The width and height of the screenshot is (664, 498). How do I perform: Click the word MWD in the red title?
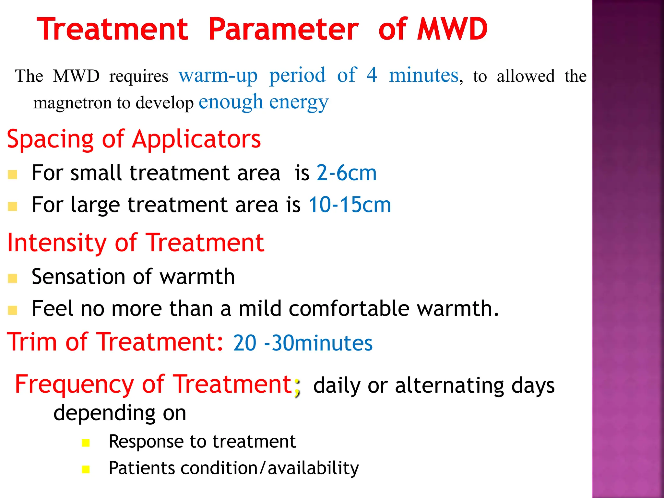(452, 29)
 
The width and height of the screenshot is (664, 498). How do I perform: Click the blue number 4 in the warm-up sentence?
(372, 75)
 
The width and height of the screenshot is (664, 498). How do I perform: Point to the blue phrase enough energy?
(263, 102)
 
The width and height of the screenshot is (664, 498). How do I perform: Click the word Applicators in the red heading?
(196, 139)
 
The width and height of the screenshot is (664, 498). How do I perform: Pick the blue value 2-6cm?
(346, 172)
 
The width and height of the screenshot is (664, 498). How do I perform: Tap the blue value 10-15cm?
(350, 205)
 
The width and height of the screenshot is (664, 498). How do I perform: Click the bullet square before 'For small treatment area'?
(12, 175)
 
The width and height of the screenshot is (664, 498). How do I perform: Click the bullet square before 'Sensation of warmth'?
(12, 278)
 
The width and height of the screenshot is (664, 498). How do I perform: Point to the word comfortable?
(349, 308)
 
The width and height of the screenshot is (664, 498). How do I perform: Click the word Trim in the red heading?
(32, 342)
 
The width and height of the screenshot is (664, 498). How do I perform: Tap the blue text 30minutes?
(322, 343)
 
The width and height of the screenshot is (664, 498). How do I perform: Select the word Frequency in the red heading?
(74, 385)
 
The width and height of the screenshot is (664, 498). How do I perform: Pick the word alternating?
(449, 385)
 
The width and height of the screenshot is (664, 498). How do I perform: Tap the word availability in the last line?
(313, 468)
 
